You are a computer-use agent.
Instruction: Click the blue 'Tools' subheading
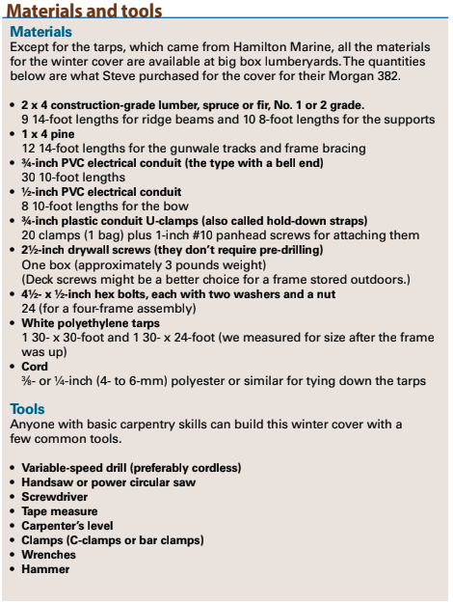click(28, 409)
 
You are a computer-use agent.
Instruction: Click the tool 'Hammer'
click(47, 569)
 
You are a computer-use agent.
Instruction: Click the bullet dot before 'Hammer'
click(12, 569)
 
